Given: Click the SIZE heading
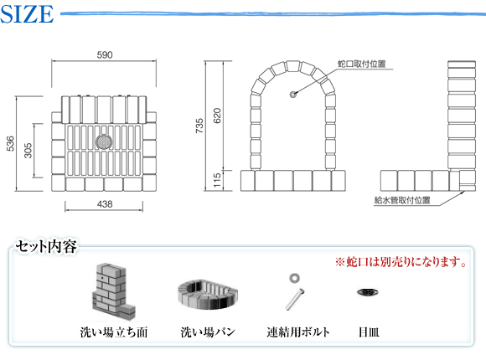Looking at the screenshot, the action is pos(27,14).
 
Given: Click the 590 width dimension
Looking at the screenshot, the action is pos(105,55).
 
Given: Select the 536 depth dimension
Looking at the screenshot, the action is pos(10,143).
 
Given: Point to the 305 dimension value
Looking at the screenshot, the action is pos(28,151).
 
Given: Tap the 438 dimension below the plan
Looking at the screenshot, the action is pos(105,204).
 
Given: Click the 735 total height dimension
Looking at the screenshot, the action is pos(199,126).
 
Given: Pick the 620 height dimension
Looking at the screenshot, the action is pos(217,116).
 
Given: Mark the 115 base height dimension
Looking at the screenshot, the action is pos(217,180).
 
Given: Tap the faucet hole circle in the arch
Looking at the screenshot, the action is pos(293,94).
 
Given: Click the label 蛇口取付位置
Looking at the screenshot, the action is pos(362,64).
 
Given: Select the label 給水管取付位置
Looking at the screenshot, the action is pos(402,200).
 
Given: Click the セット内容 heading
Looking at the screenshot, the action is pos(46,247).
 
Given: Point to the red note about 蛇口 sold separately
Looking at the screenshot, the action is pos(401,262).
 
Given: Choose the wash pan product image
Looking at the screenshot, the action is pos(207,295).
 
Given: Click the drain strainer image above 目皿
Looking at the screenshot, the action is pos(368,292).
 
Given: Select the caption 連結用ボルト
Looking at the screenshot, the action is pos(297,332).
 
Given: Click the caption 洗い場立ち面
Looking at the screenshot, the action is pos(114,332).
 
